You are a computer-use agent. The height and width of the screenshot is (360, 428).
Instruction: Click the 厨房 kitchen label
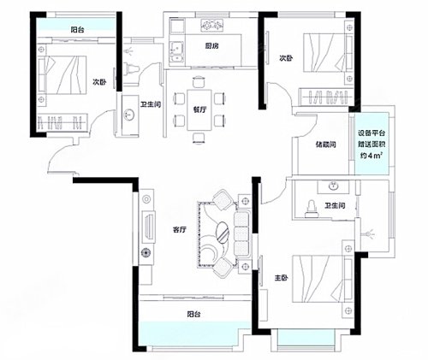[211, 45]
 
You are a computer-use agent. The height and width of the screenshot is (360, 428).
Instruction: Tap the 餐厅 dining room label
[199, 109]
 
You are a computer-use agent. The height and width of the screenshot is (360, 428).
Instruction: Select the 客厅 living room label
[180, 229]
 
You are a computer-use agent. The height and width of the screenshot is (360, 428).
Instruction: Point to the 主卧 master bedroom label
[281, 278]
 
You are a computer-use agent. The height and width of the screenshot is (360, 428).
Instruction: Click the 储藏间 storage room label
[325, 145]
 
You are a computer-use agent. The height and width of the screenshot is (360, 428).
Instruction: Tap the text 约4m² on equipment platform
[372, 156]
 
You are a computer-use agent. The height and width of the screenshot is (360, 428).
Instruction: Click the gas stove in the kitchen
[212, 25]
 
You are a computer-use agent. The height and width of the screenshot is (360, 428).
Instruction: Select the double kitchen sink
[177, 52]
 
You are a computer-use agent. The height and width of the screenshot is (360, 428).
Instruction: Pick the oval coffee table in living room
[223, 232]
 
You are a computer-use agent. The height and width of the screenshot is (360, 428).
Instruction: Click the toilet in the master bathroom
[312, 209]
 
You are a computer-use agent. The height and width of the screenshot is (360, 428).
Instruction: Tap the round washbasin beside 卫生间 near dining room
[129, 115]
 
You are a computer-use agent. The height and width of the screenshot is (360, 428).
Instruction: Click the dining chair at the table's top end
[199, 81]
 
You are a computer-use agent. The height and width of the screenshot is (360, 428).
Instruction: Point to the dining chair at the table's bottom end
[199, 139]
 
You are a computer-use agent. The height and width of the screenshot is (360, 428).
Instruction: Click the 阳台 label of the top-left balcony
[78, 30]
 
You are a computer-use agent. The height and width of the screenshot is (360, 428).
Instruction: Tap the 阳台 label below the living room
[193, 314]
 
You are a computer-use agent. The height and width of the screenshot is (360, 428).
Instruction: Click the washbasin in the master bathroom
[333, 186]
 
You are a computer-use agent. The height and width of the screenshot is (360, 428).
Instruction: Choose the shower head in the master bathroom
[369, 234]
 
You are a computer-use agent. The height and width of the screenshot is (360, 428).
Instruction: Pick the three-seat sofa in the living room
[241, 234]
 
